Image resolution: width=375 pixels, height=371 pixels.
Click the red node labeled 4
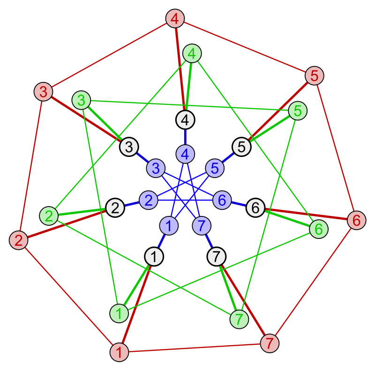[175, 19]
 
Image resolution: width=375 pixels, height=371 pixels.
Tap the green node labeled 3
[82, 100]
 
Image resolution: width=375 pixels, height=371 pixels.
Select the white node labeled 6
[255, 208]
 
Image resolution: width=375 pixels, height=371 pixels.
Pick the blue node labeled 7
[202, 226]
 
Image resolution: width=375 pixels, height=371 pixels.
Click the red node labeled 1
[119, 352]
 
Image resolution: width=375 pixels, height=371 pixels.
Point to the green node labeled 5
[298, 111]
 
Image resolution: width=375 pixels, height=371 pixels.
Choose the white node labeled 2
[115, 208]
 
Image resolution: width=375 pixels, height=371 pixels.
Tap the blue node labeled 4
[185, 154]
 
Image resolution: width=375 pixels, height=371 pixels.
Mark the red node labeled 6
[356, 220]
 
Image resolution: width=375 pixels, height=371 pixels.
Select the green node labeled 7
[239, 319]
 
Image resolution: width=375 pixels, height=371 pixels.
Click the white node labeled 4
[185, 120]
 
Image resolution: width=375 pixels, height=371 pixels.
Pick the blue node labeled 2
[149, 200]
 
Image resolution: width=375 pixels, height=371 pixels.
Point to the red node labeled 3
[43, 92]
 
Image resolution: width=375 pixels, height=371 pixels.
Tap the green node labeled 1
[119, 313]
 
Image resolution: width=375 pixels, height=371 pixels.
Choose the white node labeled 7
[216, 257]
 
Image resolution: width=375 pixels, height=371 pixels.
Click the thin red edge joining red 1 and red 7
[194, 348]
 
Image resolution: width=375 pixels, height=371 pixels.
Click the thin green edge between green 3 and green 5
[189, 105]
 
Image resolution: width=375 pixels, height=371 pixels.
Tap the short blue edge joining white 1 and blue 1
[162, 241]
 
